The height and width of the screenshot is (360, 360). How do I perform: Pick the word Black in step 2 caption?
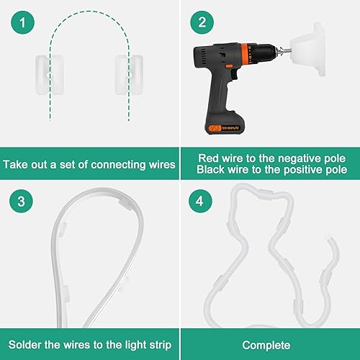(x=215, y=170)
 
